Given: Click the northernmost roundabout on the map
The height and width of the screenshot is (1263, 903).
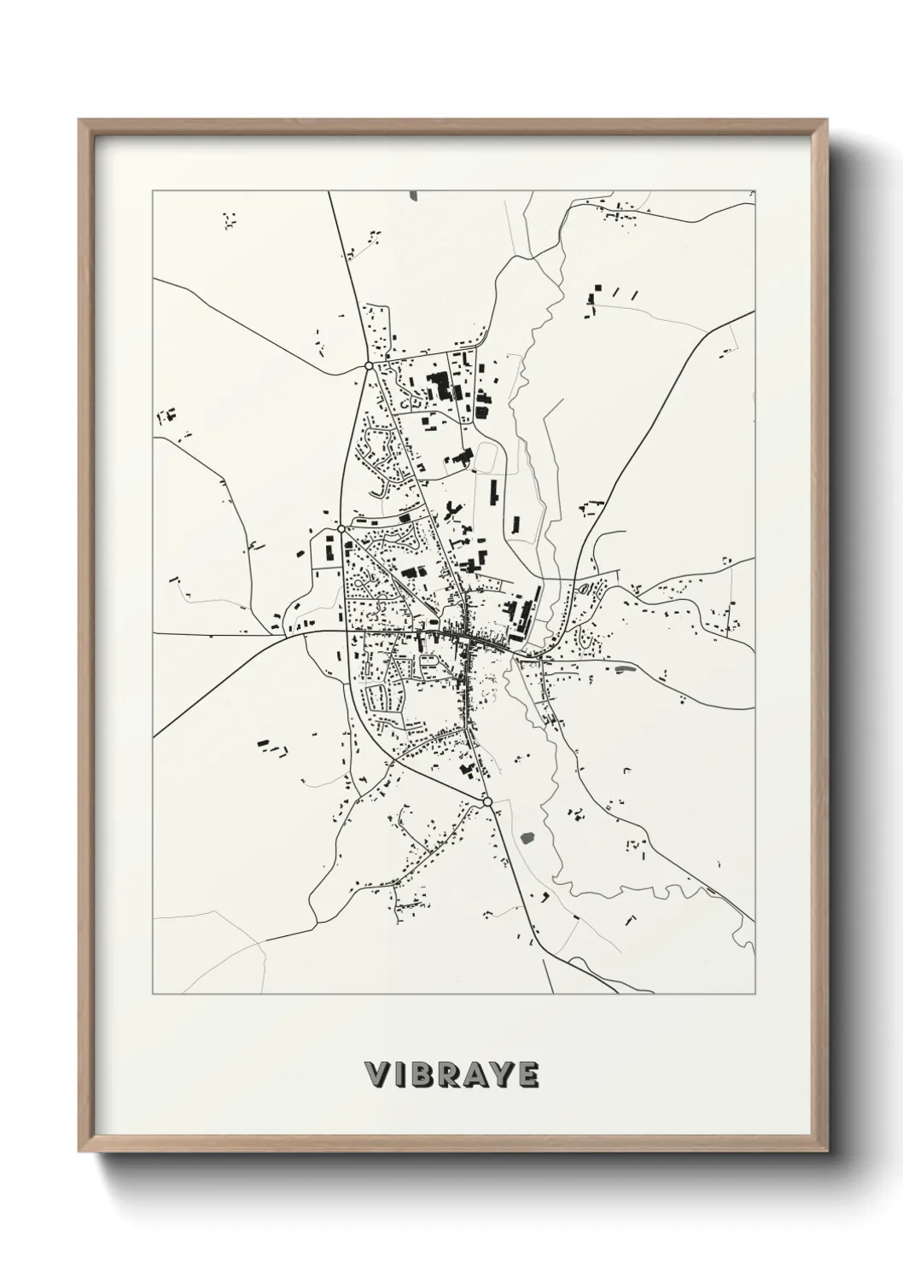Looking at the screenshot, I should [369, 365].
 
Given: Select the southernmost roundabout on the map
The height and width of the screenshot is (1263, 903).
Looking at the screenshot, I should [487, 802].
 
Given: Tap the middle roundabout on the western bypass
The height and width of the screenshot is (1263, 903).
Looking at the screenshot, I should [341, 529].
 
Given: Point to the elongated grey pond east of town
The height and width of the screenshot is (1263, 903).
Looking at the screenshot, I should [625, 668].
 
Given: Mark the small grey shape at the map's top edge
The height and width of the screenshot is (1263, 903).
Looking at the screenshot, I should [415, 195].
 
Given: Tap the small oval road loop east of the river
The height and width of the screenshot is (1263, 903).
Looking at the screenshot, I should [585, 588].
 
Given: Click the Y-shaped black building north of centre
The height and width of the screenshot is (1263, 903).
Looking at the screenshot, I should [450, 512].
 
